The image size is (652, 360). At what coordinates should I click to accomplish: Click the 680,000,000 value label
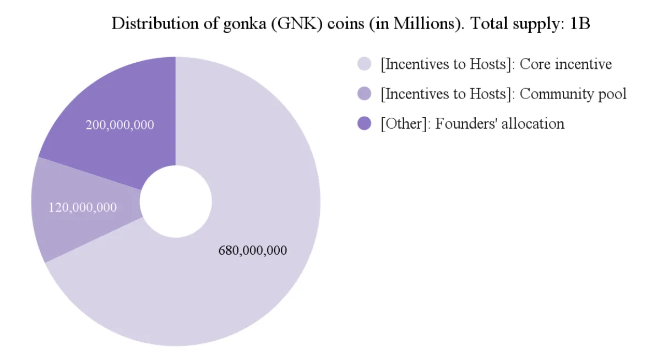252,250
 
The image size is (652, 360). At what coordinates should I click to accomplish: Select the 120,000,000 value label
83,208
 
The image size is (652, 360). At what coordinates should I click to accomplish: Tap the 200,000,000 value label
120,125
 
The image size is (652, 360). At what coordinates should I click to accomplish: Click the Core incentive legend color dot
365,64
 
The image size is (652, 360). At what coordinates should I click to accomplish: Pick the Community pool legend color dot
365,94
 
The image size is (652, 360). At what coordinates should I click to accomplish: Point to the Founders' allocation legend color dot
365,124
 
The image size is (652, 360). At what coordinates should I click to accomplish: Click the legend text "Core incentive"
566,64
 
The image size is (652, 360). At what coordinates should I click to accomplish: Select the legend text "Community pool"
573,94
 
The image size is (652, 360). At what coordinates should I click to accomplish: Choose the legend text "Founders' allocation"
499,124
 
